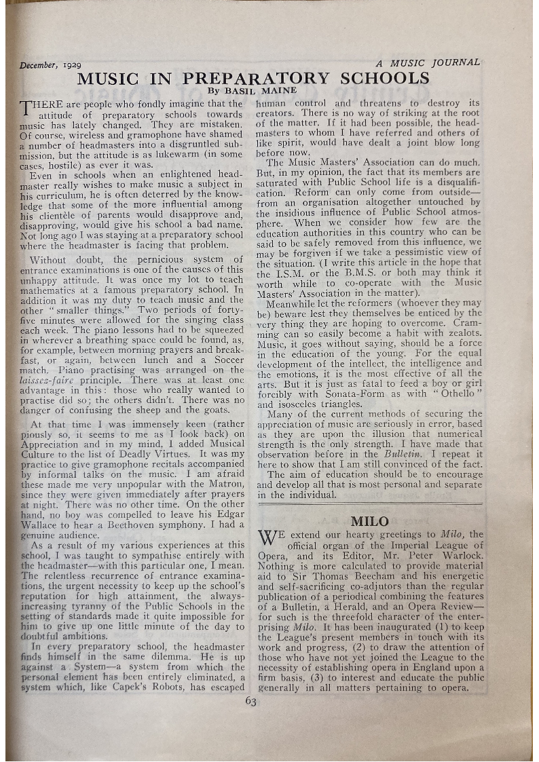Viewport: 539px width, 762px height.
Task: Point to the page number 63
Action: point(251,702)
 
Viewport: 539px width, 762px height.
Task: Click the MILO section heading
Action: point(369,522)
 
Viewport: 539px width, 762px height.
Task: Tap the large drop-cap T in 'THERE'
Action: point(26,109)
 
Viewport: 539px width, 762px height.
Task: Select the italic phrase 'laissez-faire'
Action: point(47,381)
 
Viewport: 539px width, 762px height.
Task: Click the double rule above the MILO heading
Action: point(369,504)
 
